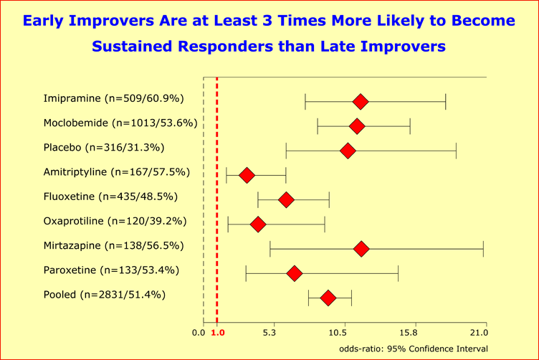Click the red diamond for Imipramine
click(361, 102)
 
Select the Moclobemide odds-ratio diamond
click(356, 126)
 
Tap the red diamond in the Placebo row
click(348, 151)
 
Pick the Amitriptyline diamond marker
click(247, 175)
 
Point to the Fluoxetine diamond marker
click(286, 199)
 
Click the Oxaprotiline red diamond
click(258, 224)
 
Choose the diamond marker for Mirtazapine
click(361, 249)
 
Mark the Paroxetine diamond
click(294, 273)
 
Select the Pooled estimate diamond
click(328, 298)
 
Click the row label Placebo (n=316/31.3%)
click(104, 148)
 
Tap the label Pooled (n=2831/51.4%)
click(104, 294)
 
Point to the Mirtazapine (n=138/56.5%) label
click(113, 245)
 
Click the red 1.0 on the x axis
click(218, 333)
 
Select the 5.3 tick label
click(269, 333)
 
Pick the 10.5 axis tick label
click(343, 333)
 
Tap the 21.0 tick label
click(477, 333)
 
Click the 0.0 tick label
click(199, 333)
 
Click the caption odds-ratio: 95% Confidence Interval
click(414, 349)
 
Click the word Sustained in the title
click(133, 47)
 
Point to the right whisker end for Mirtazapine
click(483, 249)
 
